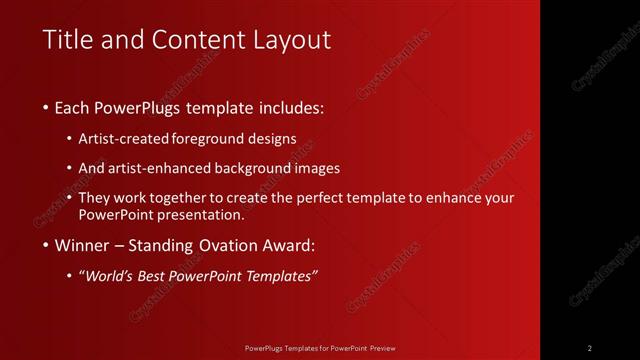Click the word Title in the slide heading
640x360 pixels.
coord(68,40)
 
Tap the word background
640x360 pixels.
coord(266,168)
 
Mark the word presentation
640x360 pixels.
coord(206,215)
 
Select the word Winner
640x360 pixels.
coord(82,245)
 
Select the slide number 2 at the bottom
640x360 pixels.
coord(590,348)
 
